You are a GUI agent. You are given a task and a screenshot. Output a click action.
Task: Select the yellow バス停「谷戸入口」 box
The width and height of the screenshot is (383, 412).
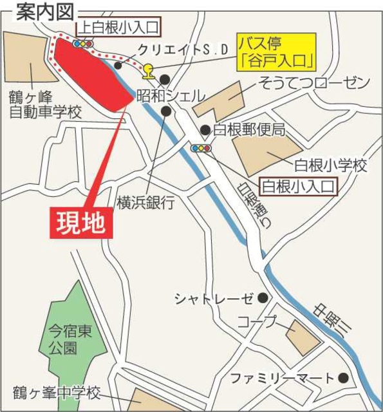click(x=276, y=53)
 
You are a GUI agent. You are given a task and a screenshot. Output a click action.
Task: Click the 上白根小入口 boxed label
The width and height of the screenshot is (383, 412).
click(x=118, y=27)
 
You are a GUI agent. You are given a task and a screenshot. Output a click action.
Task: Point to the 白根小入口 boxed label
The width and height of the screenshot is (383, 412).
click(x=300, y=187)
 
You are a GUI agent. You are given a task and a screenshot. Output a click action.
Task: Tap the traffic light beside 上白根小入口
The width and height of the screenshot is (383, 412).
click(x=83, y=44)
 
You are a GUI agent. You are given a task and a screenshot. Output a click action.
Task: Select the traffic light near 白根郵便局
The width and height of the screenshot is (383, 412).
click(x=201, y=149)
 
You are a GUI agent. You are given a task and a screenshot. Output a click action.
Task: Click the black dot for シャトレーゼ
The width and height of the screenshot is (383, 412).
click(x=262, y=298)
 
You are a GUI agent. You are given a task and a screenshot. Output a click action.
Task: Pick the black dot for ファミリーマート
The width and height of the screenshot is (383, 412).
click(x=344, y=378)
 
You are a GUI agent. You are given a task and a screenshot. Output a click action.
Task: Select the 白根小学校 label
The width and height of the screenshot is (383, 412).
click(x=331, y=166)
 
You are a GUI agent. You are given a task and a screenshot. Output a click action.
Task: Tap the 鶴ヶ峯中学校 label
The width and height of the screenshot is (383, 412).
click(x=57, y=392)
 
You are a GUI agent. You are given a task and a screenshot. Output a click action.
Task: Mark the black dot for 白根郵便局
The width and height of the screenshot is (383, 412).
click(x=204, y=130)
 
